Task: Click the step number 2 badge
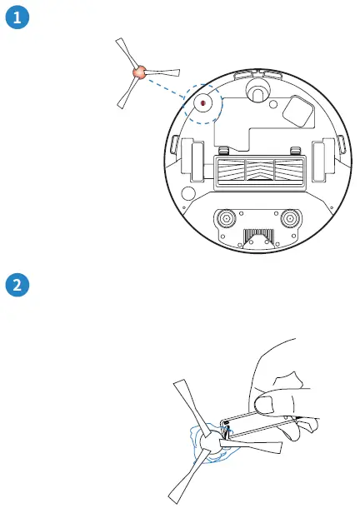(x=17, y=285)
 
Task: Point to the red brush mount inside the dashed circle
(x=202, y=102)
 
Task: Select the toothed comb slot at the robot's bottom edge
(x=257, y=237)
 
